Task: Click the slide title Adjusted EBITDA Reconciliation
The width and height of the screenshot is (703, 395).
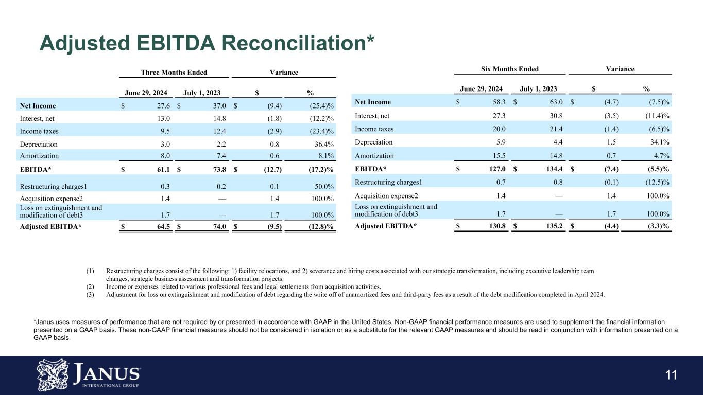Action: (x=207, y=43)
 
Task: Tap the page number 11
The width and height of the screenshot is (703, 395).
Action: (x=671, y=375)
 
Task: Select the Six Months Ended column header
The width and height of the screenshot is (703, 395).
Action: (x=507, y=69)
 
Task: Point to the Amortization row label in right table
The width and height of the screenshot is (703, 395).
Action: (x=374, y=156)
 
